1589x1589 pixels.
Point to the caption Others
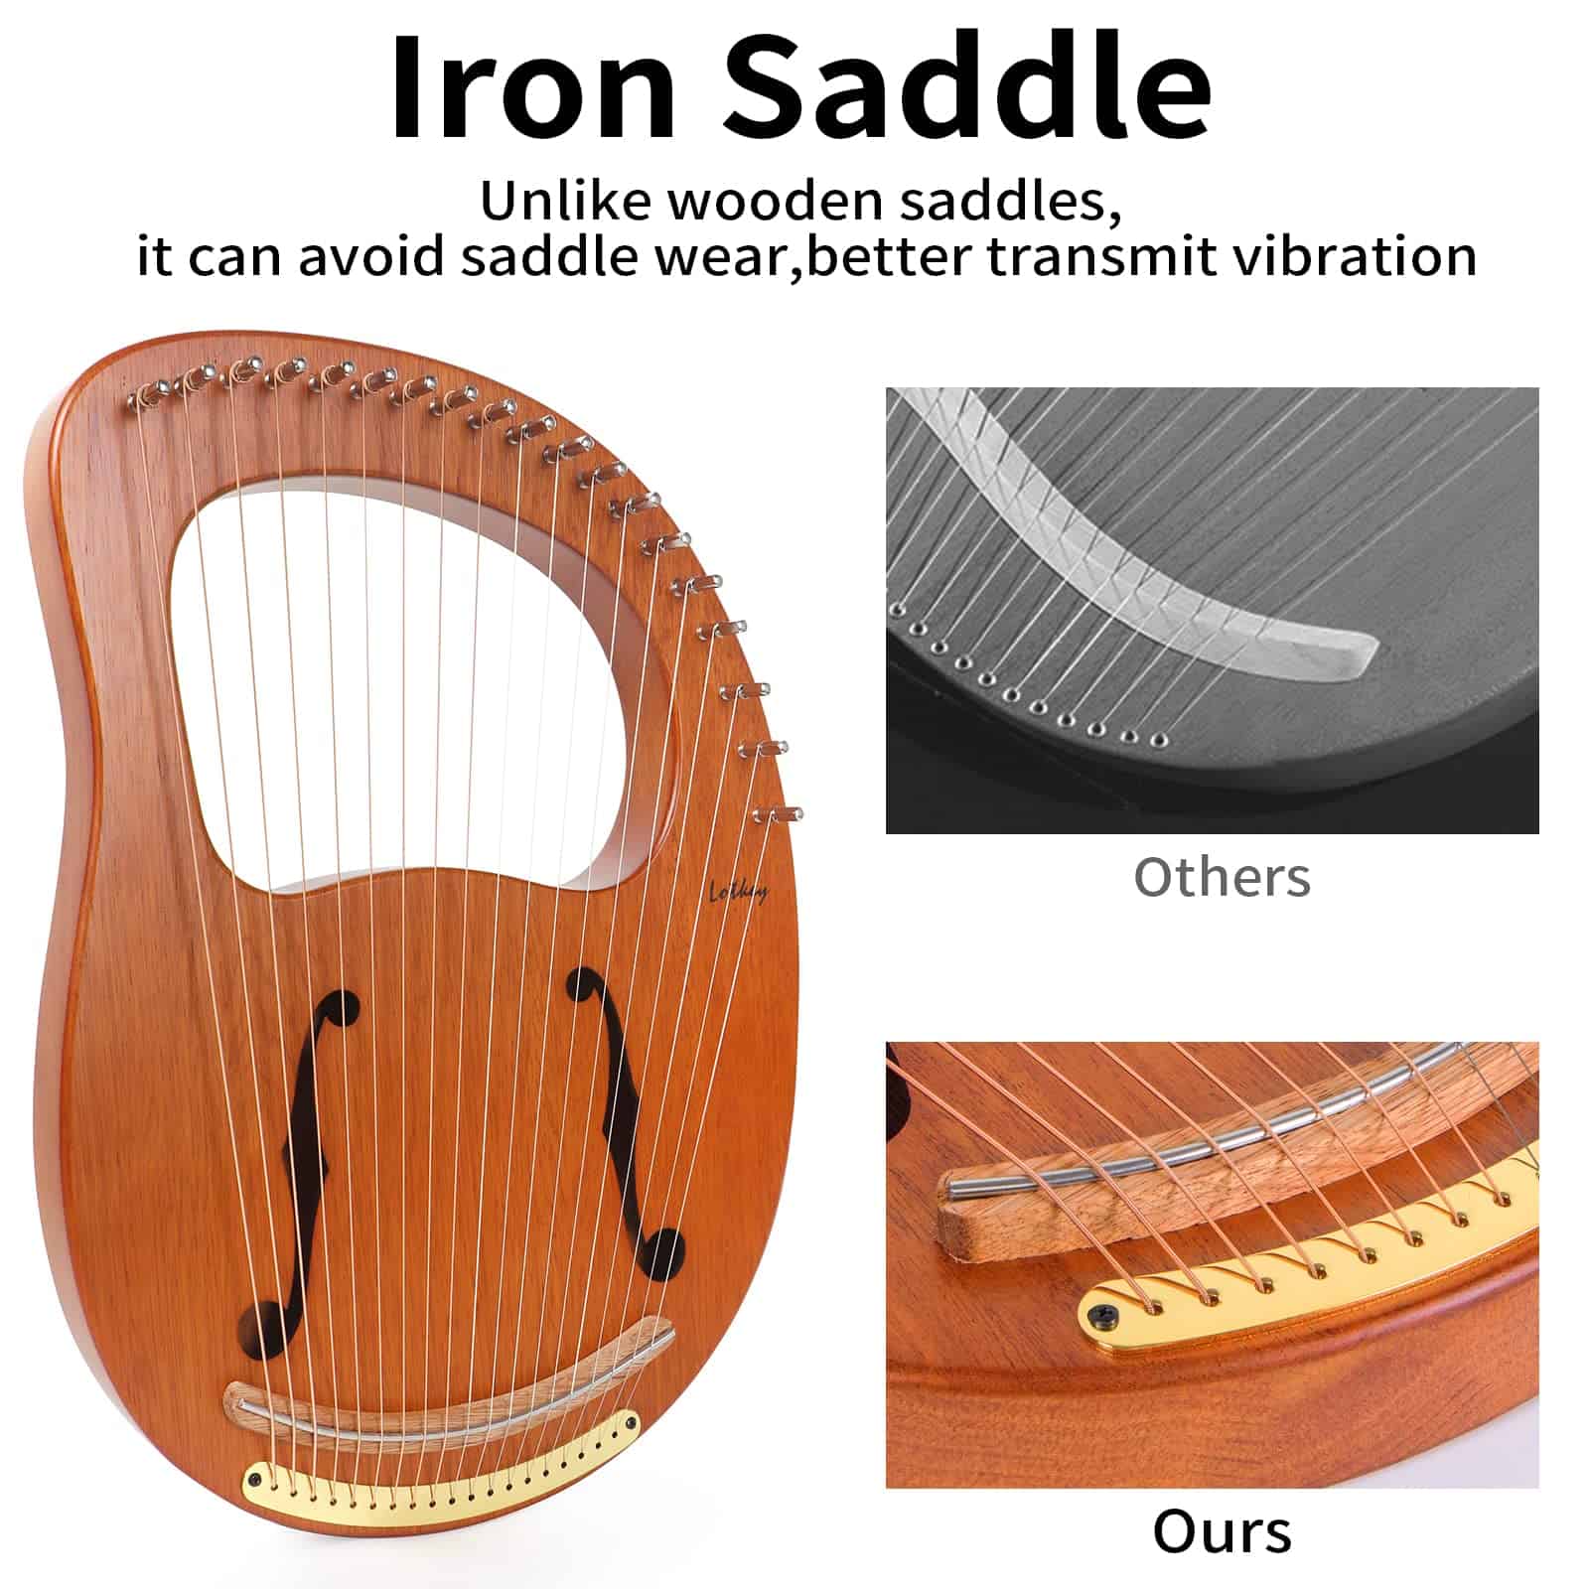pyautogui.click(x=1222, y=877)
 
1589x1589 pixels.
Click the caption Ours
pyautogui.click(x=1222, y=1530)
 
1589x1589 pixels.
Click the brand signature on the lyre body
pyautogui.click(x=738, y=891)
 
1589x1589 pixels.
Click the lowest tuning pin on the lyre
pyautogui.click(x=779, y=815)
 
